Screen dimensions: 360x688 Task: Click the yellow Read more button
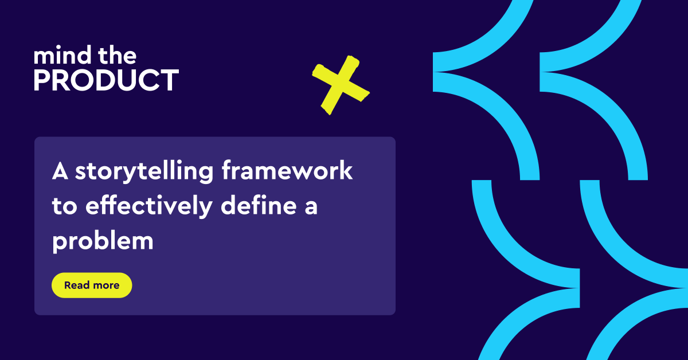[92, 285]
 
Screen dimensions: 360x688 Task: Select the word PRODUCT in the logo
[106, 81]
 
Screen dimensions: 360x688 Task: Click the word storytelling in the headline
[143, 173]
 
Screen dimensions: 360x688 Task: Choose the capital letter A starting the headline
[60, 171]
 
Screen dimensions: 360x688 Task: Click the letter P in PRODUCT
[42, 81]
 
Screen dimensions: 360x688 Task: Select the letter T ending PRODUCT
[168, 81]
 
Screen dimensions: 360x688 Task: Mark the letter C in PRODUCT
[147, 81]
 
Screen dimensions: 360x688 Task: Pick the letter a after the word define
[310, 208]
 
